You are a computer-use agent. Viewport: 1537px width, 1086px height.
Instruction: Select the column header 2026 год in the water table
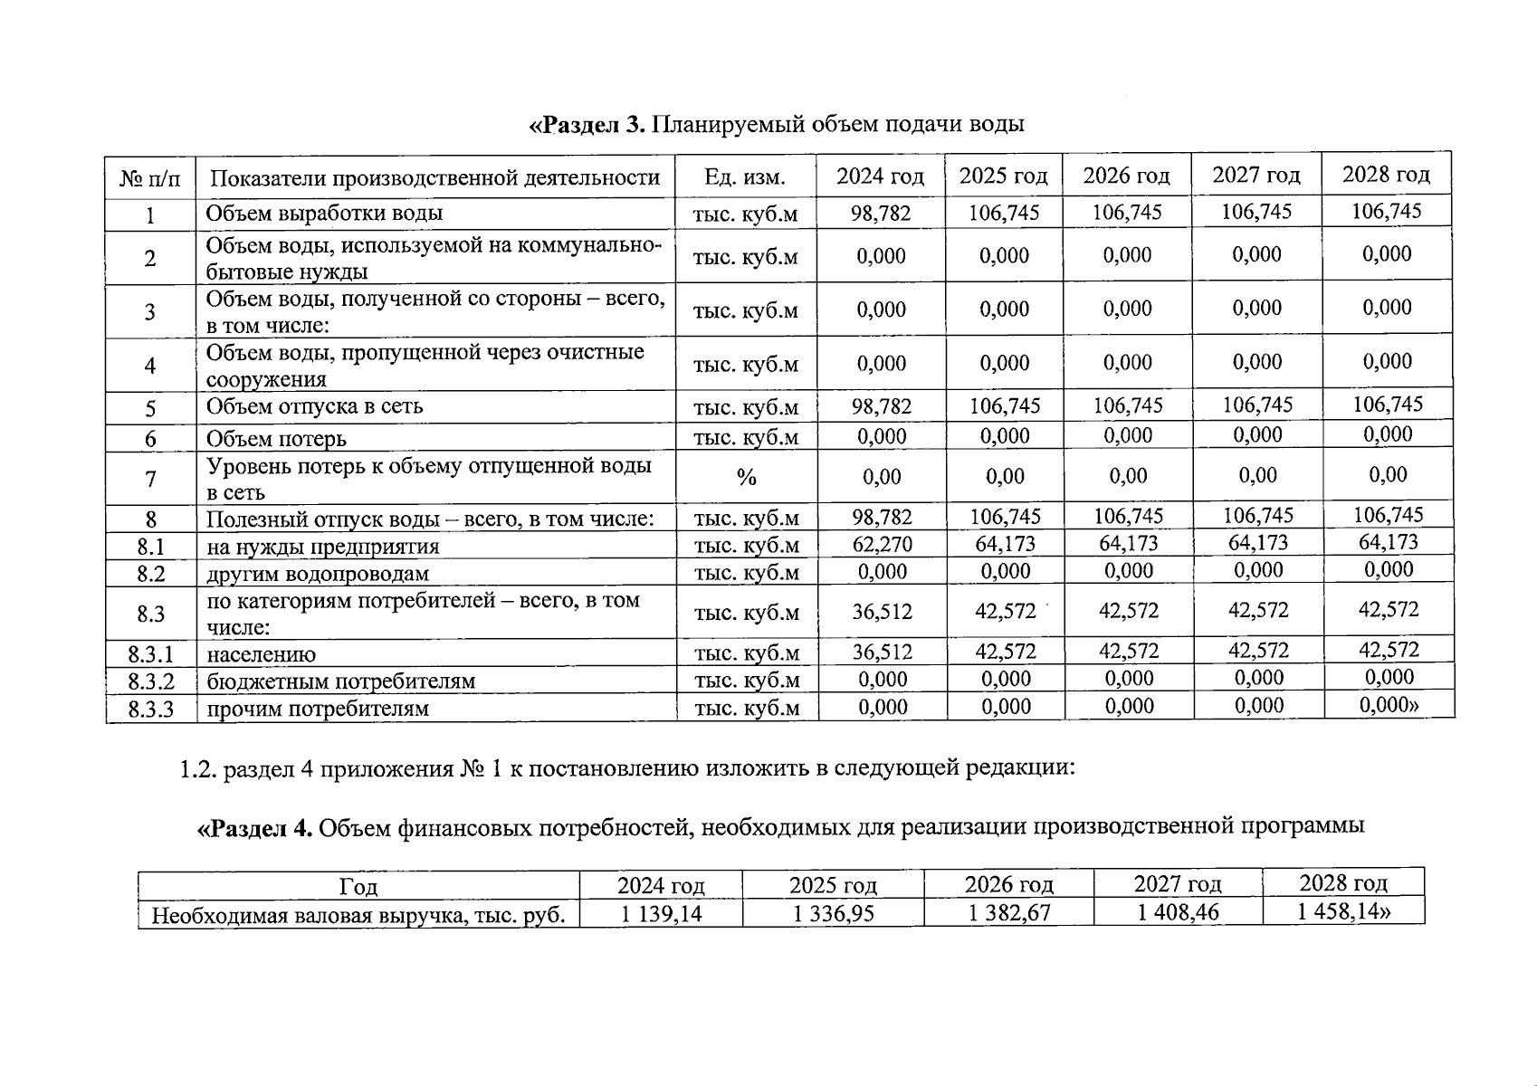pos(1126,176)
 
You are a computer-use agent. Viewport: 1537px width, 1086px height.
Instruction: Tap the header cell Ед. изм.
pos(745,177)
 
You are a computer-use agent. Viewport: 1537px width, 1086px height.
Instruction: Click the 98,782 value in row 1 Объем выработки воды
pos(881,214)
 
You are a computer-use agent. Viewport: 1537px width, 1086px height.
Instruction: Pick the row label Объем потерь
pos(276,439)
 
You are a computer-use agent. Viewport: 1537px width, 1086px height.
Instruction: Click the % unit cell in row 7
pos(746,478)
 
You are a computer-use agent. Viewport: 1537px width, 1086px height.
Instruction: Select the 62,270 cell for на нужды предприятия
pos(882,545)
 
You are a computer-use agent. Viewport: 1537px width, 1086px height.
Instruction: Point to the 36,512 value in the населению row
pos(882,653)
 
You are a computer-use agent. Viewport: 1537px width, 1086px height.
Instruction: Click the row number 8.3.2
pos(150,681)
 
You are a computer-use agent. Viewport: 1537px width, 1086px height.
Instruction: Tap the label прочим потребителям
pos(318,709)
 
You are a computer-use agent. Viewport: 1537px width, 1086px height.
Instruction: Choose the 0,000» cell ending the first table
pos(1389,705)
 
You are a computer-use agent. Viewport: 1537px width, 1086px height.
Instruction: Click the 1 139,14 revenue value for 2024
pos(661,914)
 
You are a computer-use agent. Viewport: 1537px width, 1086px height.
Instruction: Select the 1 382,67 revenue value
pos(1009,912)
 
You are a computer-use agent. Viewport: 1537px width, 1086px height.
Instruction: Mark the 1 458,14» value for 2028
pos(1343,910)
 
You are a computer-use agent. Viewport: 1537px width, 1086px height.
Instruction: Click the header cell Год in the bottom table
pos(358,887)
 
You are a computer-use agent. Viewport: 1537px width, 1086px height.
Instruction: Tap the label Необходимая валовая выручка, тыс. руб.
pos(358,915)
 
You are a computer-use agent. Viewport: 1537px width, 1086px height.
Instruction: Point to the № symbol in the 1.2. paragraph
pos(472,769)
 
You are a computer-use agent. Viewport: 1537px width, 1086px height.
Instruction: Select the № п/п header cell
pos(150,178)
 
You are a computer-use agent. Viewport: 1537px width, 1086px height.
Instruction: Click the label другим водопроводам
pos(318,574)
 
